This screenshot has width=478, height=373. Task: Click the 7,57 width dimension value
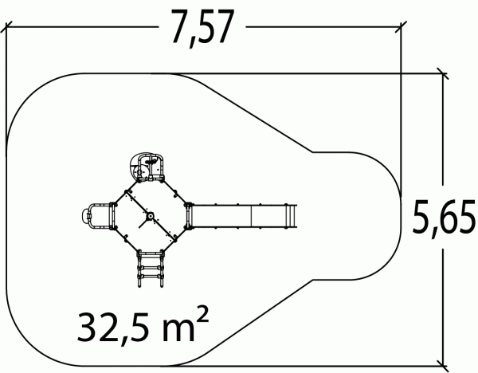tap(202, 28)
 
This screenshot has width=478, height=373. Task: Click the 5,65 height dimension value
tap(444, 217)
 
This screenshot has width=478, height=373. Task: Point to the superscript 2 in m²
tap(202, 314)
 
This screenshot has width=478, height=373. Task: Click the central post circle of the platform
tap(150, 216)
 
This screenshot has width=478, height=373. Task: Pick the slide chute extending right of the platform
tap(241, 216)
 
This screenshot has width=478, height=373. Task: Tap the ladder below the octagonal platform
tap(150, 268)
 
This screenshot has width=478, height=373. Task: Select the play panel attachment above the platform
tap(147, 167)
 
